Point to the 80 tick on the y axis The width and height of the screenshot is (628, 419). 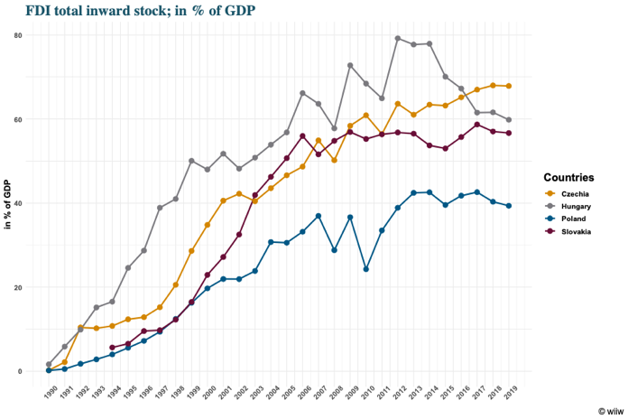[x=30, y=34]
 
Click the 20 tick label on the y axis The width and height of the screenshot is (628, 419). [x=30, y=287]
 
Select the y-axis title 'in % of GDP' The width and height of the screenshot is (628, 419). [x=8, y=204]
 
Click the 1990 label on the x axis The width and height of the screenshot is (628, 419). [x=51, y=390]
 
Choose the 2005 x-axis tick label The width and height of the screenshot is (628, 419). [x=289, y=390]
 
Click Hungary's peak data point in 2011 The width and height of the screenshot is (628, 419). [x=398, y=38]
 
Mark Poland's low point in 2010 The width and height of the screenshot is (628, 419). [x=366, y=269]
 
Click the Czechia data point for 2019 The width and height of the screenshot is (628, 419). [x=509, y=86]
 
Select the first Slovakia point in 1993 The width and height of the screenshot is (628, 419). [x=112, y=348]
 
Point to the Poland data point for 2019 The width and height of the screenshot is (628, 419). [x=509, y=206]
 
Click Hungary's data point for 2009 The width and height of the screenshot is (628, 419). [x=350, y=65]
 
